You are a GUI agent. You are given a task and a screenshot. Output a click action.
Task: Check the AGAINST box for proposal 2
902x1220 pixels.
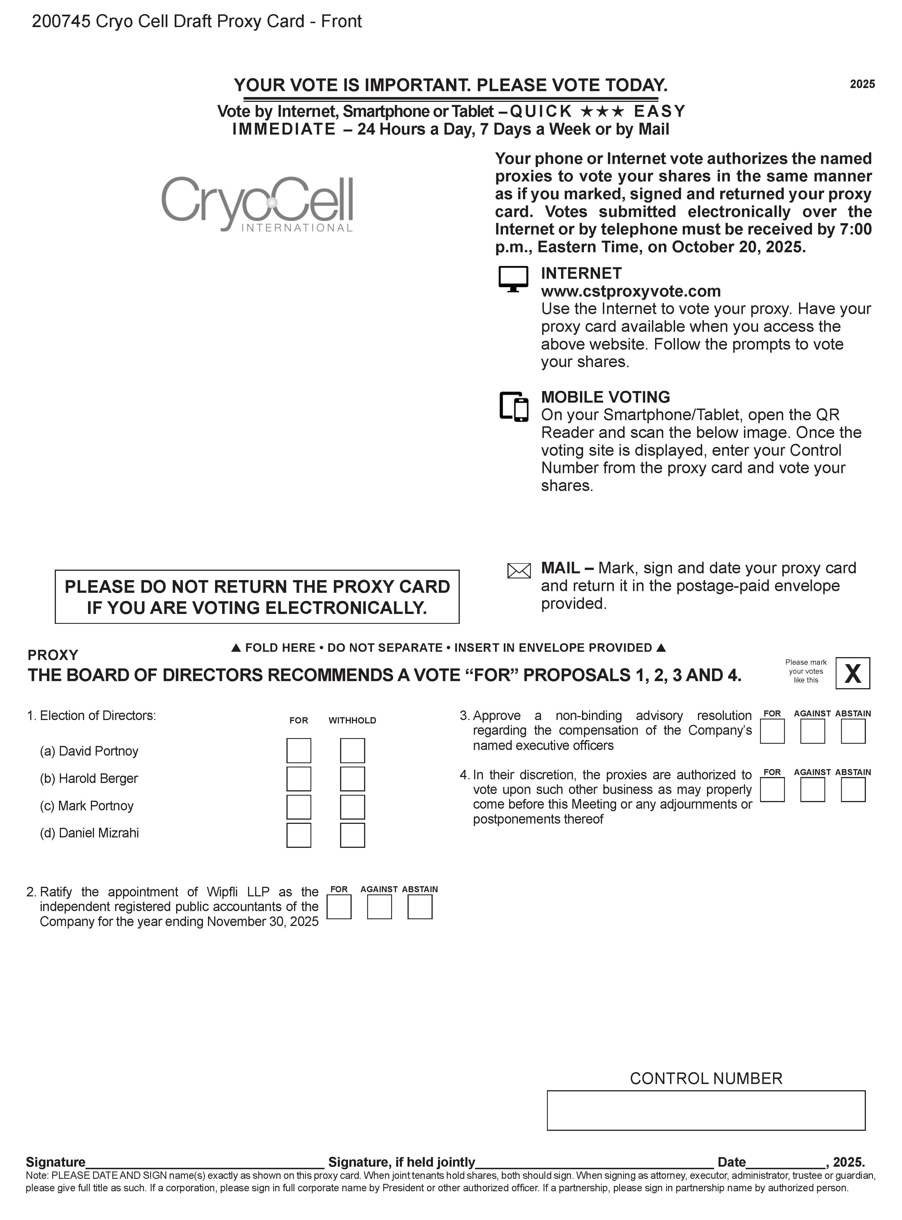point(380,907)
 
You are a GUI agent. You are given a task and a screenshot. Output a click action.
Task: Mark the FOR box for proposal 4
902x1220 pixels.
point(772,790)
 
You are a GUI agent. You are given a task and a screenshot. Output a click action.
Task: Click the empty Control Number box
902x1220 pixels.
point(706,1110)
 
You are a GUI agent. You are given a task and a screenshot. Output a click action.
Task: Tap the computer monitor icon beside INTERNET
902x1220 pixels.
point(513,279)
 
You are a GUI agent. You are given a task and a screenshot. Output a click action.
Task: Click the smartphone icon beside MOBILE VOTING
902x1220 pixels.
point(514,407)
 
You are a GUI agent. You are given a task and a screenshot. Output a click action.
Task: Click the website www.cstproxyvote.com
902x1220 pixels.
point(630,291)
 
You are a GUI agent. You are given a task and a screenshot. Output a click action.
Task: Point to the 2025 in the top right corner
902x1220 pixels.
point(862,84)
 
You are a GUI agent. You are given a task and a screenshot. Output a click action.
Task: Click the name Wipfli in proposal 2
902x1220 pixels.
point(223,892)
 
